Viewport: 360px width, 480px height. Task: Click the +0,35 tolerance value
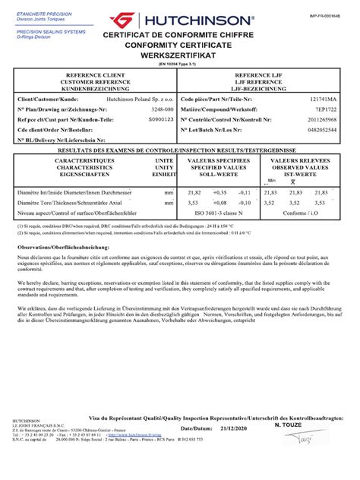click(219, 194)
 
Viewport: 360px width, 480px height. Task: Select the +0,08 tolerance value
click(219, 203)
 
